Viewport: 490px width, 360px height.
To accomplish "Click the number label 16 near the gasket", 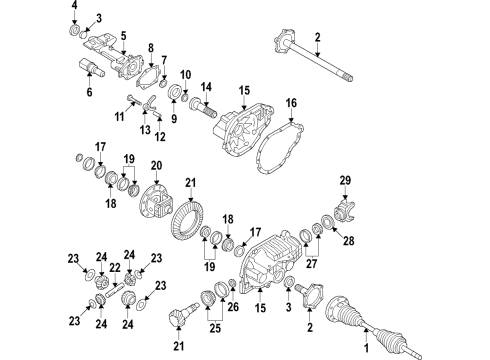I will coord(291,103).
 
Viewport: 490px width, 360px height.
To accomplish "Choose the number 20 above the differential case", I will coord(156,165).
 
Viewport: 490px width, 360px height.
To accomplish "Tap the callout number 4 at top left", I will coord(72,8).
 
